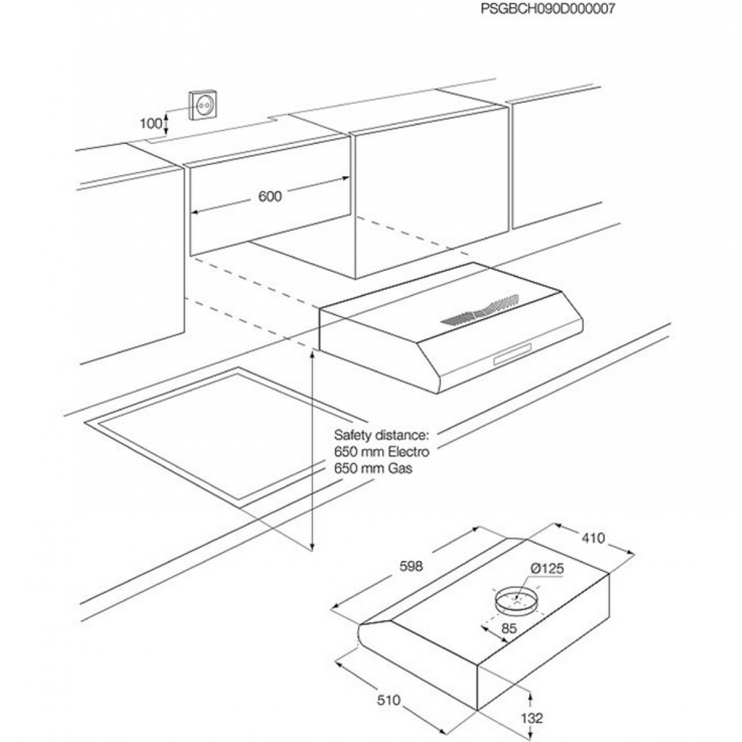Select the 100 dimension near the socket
click(x=149, y=123)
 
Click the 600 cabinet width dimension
click(x=270, y=196)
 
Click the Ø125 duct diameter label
click(x=547, y=569)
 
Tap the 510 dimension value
click(x=390, y=701)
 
